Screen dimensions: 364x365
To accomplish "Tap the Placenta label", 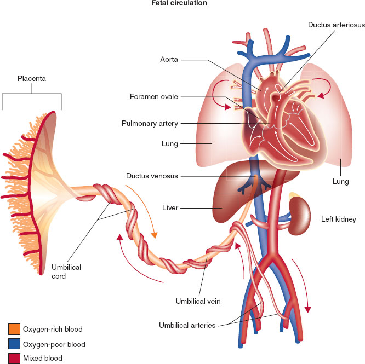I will (x=31, y=79).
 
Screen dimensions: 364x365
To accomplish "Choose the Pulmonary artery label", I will (x=150, y=123).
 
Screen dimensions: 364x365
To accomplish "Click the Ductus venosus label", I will (x=151, y=176).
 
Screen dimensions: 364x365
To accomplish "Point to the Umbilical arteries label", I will (x=186, y=325).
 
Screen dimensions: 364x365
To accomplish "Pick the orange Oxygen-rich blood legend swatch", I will (x=14, y=329).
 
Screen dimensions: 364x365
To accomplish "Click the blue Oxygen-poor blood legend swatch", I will (x=14, y=344).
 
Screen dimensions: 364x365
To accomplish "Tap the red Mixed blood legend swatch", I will (x=14, y=358).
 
